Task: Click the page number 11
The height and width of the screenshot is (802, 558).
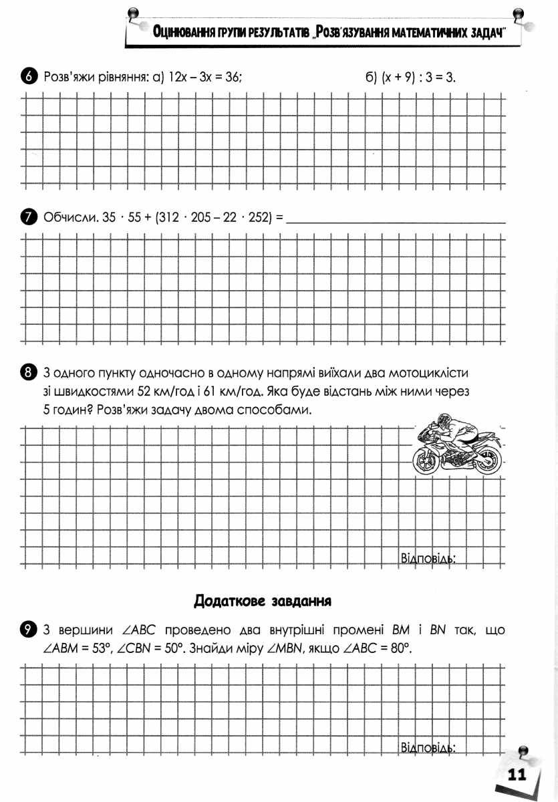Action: (517, 775)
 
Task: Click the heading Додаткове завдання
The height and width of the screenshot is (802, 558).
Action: (263, 599)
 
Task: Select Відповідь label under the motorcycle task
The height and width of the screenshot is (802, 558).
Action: (427, 558)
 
